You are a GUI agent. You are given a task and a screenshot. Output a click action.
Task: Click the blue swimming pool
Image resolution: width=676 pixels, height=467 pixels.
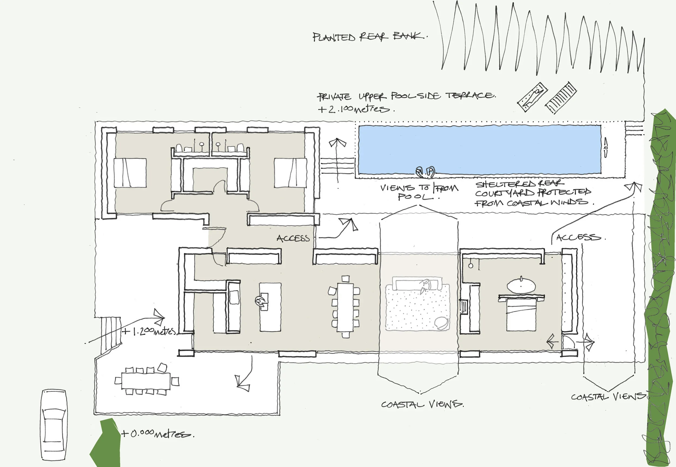(479, 150)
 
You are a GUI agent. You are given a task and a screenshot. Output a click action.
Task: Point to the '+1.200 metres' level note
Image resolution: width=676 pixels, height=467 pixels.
(149, 331)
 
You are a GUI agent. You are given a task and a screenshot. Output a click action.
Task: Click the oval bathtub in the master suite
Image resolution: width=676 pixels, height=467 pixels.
(521, 285)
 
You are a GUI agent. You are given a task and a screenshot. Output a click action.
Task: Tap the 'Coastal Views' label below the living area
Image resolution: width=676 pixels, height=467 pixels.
(422, 404)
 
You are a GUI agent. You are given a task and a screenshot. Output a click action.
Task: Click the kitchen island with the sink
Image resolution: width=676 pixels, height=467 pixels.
(270, 307)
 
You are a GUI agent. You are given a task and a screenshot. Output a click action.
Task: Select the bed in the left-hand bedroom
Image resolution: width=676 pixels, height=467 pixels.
(130, 173)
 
